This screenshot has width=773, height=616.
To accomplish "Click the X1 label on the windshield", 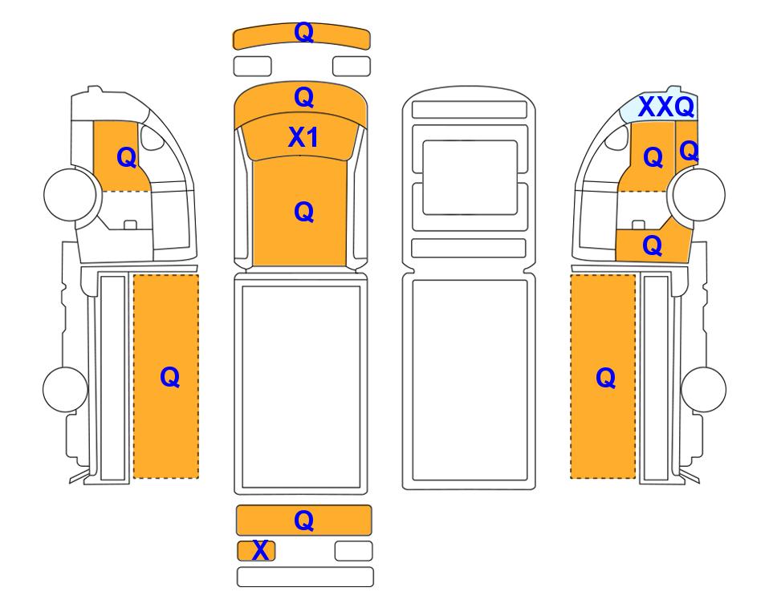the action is (303, 137).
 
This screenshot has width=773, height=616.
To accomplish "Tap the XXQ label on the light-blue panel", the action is (666, 107).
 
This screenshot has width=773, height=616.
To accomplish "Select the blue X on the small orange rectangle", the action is (260, 550).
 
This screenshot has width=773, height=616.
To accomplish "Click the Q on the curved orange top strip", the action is (303, 33).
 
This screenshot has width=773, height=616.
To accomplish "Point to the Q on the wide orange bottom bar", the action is (303, 521).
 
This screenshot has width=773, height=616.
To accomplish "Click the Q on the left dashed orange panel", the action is (169, 378).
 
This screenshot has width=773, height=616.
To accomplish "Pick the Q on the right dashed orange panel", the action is (605, 378).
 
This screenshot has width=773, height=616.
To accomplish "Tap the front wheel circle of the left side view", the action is (71, 194).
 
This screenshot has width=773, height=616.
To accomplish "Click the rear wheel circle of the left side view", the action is (66, 389).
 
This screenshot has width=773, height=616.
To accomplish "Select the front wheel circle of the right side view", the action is (699, 194).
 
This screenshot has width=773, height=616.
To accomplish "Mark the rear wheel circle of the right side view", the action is (703, 389).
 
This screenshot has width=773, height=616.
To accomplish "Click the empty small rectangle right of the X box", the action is (353, 551).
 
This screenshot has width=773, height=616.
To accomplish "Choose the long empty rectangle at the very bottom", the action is (305, 577).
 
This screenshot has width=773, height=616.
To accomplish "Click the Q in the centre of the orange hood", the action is (303, 212).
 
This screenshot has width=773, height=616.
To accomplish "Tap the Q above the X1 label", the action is (303, 97).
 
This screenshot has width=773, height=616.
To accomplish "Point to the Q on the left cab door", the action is (126, 158).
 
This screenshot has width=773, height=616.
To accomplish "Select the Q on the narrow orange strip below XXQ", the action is (689, 151).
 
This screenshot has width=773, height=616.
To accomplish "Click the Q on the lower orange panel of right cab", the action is (652, 245).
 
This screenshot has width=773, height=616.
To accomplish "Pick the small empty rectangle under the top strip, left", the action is (252, 66).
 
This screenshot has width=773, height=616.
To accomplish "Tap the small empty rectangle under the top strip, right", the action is (352, 66).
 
